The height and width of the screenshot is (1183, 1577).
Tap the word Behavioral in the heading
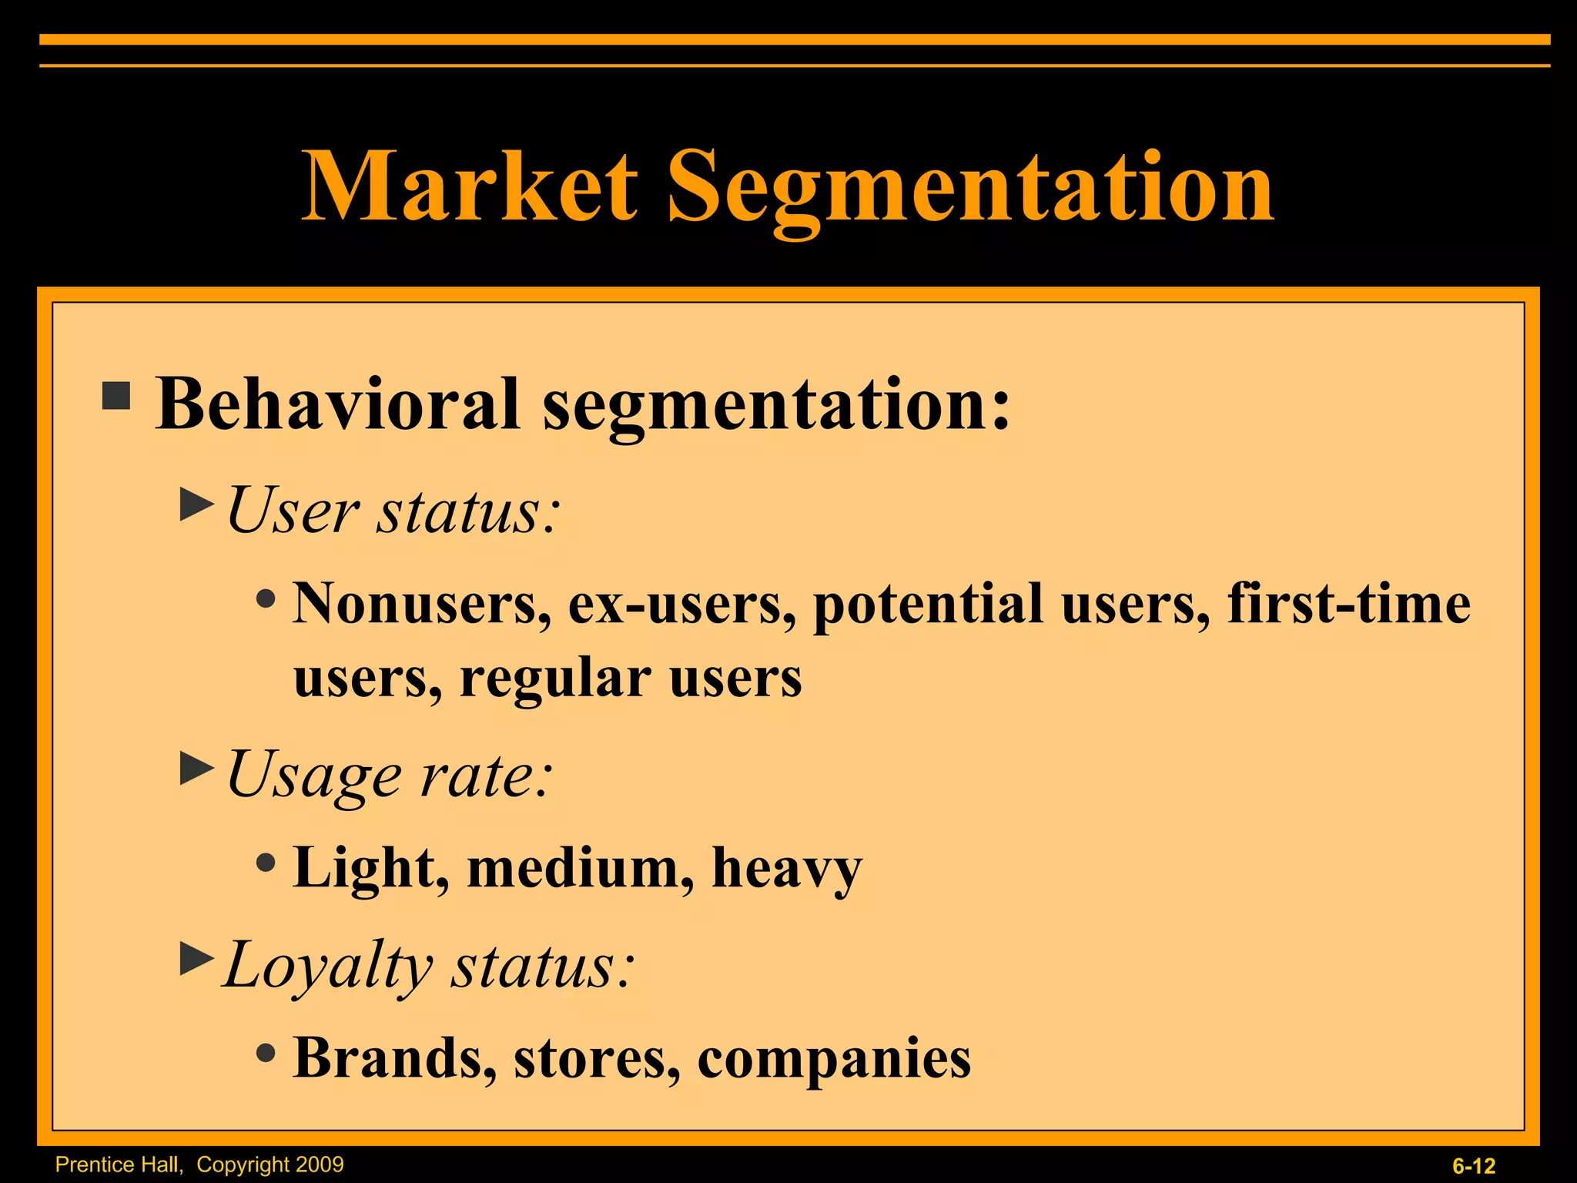click(x=337, y=404)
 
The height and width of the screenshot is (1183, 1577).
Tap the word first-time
click(x=1348, y=604)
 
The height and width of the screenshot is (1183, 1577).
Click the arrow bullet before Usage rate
click(x=196, y=768)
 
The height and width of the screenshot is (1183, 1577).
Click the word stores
click(x=597, y=1058)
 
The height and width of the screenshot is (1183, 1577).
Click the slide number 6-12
click(x=1474, y=1166)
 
